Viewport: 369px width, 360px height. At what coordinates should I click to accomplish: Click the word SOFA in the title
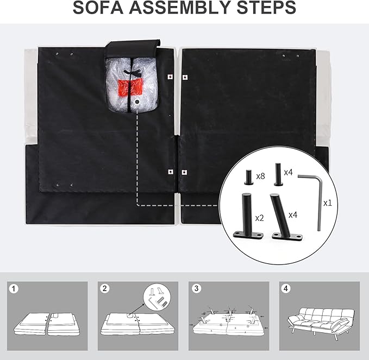coord(98,8)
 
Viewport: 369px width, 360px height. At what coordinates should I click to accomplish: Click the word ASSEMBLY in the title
coord(180,8)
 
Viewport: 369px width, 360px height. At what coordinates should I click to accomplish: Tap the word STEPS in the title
coord(266,8)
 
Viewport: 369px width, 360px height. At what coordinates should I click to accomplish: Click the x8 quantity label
coord(260,176)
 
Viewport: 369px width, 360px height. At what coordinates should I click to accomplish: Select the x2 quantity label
coord(259,218)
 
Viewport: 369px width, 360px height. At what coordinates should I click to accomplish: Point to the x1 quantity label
coord(327,203)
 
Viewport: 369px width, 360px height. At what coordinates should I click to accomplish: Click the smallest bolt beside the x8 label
coord(248,177)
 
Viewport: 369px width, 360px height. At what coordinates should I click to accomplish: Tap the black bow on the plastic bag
coord(132,72)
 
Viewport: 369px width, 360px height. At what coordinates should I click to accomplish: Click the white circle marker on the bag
coord(136,102)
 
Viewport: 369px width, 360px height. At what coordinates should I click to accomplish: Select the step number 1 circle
coord(14,288)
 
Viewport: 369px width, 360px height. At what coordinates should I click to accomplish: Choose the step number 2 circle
coord(105,288)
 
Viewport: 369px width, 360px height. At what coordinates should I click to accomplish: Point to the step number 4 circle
coord(286,288)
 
